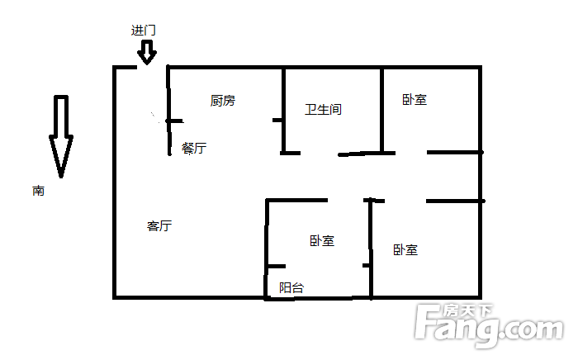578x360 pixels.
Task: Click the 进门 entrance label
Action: tap(144, 31)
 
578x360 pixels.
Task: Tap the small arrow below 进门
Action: tap(147, 52)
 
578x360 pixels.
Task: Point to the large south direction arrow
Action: tap(61, 136)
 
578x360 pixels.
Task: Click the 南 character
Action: tap(38, 191)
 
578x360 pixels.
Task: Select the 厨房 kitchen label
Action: tap(223, 101)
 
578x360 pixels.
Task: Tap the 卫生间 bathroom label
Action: tap(324, 110)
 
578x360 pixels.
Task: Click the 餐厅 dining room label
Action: tap(194, 148)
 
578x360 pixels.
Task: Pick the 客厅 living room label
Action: tap(159, 225)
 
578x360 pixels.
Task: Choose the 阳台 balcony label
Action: tap(291, 287)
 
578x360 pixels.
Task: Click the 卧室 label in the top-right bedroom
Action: tap(415, 99)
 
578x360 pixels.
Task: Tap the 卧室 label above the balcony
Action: tap(322, 241)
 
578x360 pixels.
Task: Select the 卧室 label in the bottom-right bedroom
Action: tap(405, 250)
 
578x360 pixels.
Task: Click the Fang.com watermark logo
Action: tap(489, 325)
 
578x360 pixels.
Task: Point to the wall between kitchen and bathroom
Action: tap(283, 111)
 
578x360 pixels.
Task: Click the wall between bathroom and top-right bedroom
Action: tap(381, 110)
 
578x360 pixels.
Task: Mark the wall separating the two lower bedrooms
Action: tap(371, 249)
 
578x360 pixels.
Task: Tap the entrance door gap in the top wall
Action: tap(151, 67)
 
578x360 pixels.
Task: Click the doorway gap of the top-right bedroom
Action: tap(411, 153)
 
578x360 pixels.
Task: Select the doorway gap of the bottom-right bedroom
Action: tap(405, 201)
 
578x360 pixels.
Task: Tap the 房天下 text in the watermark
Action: tap(467, 311)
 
